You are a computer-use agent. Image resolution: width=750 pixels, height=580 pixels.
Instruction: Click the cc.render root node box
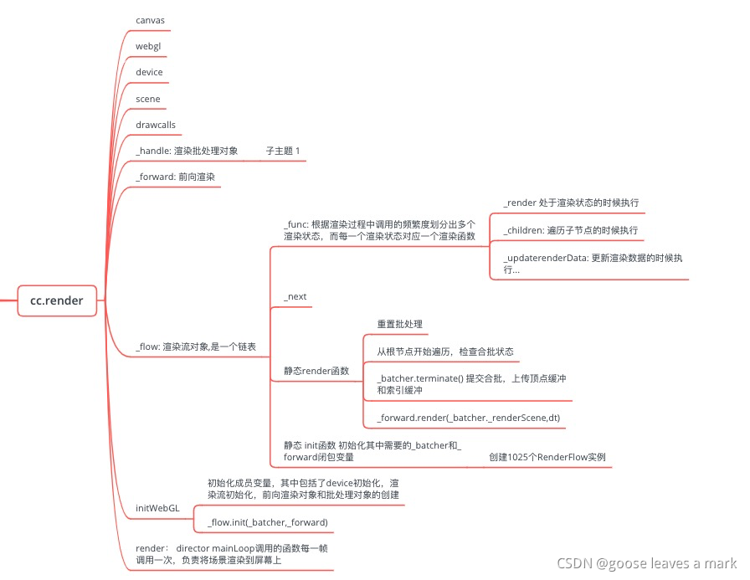click(57, 300)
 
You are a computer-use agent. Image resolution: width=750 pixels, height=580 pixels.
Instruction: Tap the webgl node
click(147, 45)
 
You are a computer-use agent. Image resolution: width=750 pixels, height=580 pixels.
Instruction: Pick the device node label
click(149, 72)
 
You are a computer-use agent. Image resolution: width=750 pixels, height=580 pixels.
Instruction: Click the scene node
click(147, 99)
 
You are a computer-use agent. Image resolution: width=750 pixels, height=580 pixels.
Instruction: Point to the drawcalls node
click(155, 125)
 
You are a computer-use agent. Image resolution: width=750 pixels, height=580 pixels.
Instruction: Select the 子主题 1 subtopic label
click(283, 151)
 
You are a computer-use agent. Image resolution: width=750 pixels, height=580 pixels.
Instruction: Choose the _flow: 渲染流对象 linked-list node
click(196, 346)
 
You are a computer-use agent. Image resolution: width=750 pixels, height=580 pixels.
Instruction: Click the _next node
click(296, 297)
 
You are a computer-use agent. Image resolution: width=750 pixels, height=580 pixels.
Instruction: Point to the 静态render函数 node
click(316, 370)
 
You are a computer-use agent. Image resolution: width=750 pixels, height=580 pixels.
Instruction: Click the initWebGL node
click(157, 508)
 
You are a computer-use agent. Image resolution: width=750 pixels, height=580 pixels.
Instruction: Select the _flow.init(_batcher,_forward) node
click(267, 522)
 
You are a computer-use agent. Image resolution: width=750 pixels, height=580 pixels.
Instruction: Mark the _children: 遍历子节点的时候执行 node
click(570, 229)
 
